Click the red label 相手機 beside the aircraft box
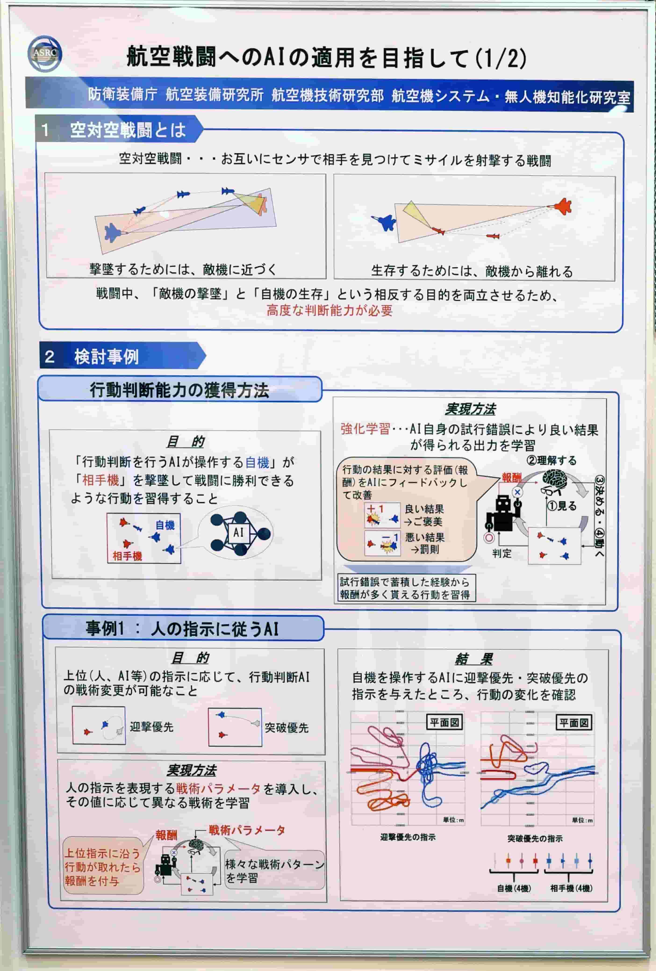127,556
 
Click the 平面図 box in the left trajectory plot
444,722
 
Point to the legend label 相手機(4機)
571,888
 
